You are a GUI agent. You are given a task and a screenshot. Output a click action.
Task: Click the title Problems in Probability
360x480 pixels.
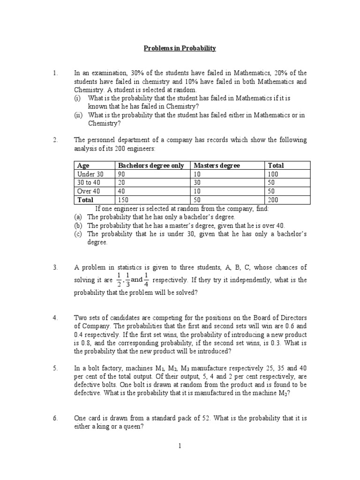[180, 48]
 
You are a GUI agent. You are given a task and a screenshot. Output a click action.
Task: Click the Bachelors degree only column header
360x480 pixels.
[151, 165]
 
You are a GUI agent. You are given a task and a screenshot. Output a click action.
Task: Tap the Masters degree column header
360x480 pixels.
[217, 165]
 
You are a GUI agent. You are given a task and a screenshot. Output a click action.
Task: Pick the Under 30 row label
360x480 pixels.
[89, 174]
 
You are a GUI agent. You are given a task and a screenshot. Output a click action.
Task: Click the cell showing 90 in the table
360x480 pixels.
[122, 174]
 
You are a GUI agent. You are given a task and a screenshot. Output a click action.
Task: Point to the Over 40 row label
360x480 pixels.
[88, 191]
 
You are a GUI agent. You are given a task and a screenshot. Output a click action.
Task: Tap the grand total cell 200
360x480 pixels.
[273, 199]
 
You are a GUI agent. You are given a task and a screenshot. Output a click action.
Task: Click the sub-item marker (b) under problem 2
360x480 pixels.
[78, 225]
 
